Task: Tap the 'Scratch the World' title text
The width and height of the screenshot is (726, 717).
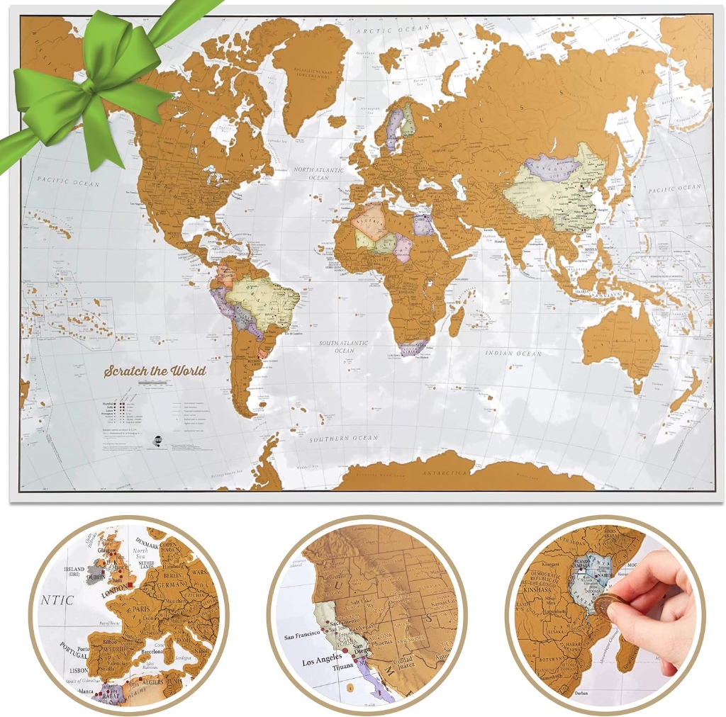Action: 155,371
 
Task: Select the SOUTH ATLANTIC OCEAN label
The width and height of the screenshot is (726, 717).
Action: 345,346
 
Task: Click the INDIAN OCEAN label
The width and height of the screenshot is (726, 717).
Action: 513,353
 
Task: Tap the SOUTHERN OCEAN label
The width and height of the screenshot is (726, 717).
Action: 343,439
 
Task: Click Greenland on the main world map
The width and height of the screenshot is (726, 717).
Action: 312,71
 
